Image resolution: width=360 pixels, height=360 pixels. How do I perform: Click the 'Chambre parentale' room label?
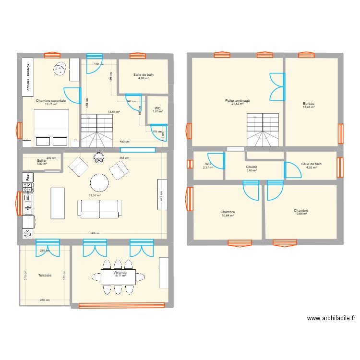click(x=51, y=101)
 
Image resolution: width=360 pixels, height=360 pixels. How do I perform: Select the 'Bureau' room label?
click(x=308, y=104)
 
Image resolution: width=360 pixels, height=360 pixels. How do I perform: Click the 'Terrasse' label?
click(x=45, y=276)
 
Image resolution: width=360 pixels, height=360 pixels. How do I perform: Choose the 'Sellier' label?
click(x=42, y=161)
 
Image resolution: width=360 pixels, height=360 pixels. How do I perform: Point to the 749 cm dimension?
click(x=94, y=234)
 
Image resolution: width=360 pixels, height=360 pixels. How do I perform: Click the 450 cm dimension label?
click(x=124, y=142)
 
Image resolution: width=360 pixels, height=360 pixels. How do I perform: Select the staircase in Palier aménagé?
click(x=263, y=130)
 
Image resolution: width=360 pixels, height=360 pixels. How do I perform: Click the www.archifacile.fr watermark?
click(x=331, y=318)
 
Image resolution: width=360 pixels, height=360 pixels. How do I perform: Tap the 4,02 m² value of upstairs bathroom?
click(x=311, y=168)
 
